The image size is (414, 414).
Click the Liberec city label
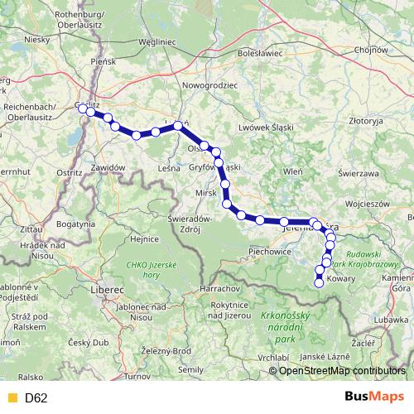[x=107, y=290]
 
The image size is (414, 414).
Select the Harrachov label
[x=219, y=288]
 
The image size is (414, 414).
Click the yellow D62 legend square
[x=11, y=397]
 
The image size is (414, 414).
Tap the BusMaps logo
[x=374, y=397]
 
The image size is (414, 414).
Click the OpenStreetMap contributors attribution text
[x=342, y=371]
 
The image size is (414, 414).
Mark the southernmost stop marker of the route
[x=320, y=283]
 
